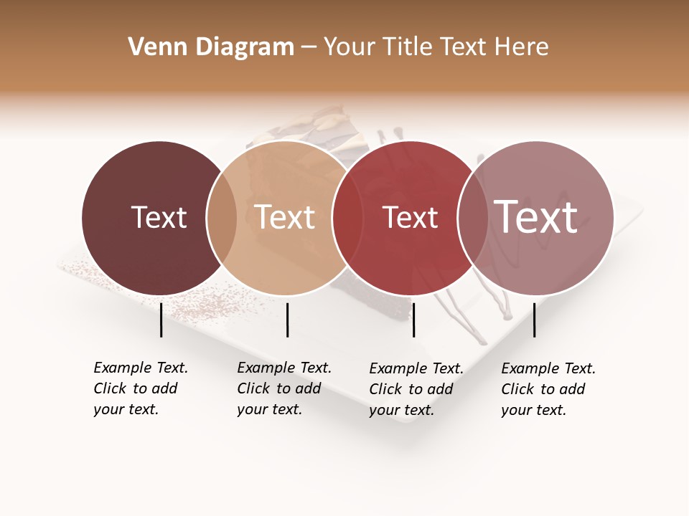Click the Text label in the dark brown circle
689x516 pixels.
coord(159,217)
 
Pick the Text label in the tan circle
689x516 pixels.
coord(285,217)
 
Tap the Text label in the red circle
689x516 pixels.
coord(410,217)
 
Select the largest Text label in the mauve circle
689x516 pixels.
coord(536,216)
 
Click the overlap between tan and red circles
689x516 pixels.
coord(347,218)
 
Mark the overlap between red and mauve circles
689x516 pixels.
coord(473,218)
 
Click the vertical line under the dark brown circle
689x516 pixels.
coord(161,320)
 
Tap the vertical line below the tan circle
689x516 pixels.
coord(287,320)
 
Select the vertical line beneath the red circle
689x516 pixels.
coord(414,320)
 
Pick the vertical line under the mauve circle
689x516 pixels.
coord(534,320)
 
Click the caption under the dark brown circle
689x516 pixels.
coord(141,388)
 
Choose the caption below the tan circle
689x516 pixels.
coord(284,388)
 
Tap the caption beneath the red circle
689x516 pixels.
coord(416,389)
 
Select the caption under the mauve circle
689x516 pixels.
coord(548,389)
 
